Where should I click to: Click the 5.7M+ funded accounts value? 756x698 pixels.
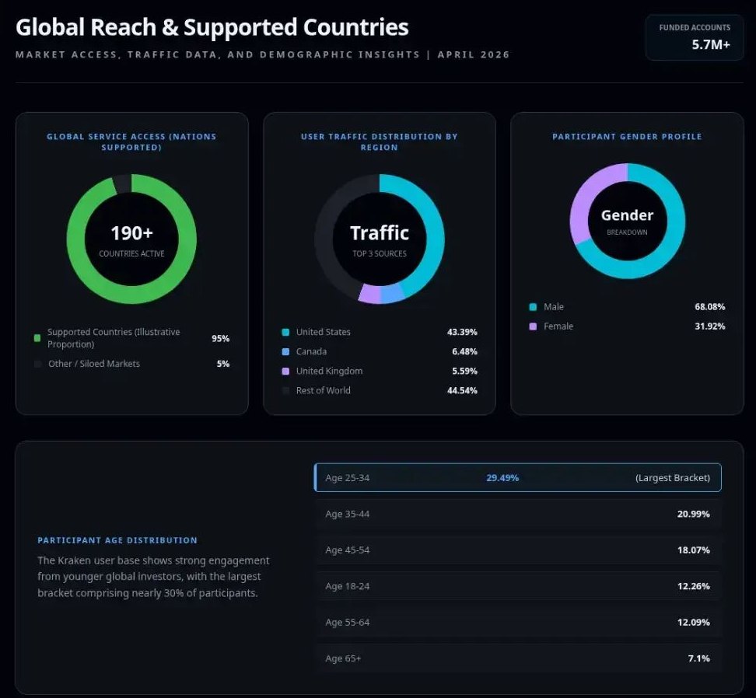(x=711, y=44)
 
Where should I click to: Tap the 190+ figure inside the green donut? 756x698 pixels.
(x=131, y=233)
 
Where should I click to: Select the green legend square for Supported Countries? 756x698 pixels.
(x=37, y=338)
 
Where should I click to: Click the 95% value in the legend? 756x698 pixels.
(x=220, y=339)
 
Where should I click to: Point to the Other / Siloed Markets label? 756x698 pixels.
(x=93, y=364)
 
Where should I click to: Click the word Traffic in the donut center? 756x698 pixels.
(x=380, y=233)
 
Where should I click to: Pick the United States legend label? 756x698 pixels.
(x=323, y=332)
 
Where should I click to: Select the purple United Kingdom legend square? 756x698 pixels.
(x=285, y=372)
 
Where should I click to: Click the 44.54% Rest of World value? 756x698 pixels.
(x=462, y=391)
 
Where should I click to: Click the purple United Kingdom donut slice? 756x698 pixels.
(x=369, y=293)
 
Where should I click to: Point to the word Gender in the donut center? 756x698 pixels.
(x=627, y=215)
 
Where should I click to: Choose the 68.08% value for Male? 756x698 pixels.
(x=709, y=307)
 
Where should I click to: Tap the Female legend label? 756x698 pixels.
(x=558, y=326)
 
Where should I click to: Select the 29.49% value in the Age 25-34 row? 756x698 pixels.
(x=502, y=478)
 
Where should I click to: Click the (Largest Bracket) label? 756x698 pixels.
(x=672, y=478)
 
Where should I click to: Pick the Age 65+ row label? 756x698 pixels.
(x=343, y=659)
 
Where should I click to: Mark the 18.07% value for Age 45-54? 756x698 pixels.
(x=693, y=550)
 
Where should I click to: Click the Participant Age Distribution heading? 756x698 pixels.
(x=117, y=540)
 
